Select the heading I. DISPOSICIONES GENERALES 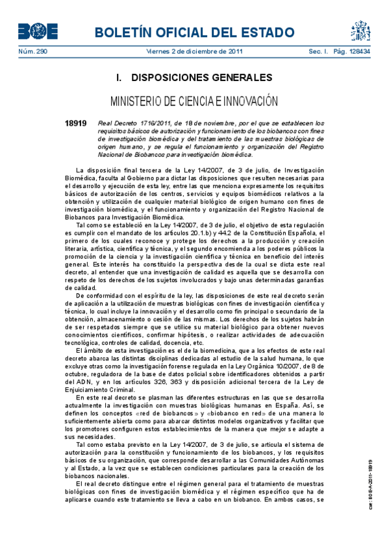coord(194,78)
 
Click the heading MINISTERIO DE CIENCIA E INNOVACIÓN coord(194,102)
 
